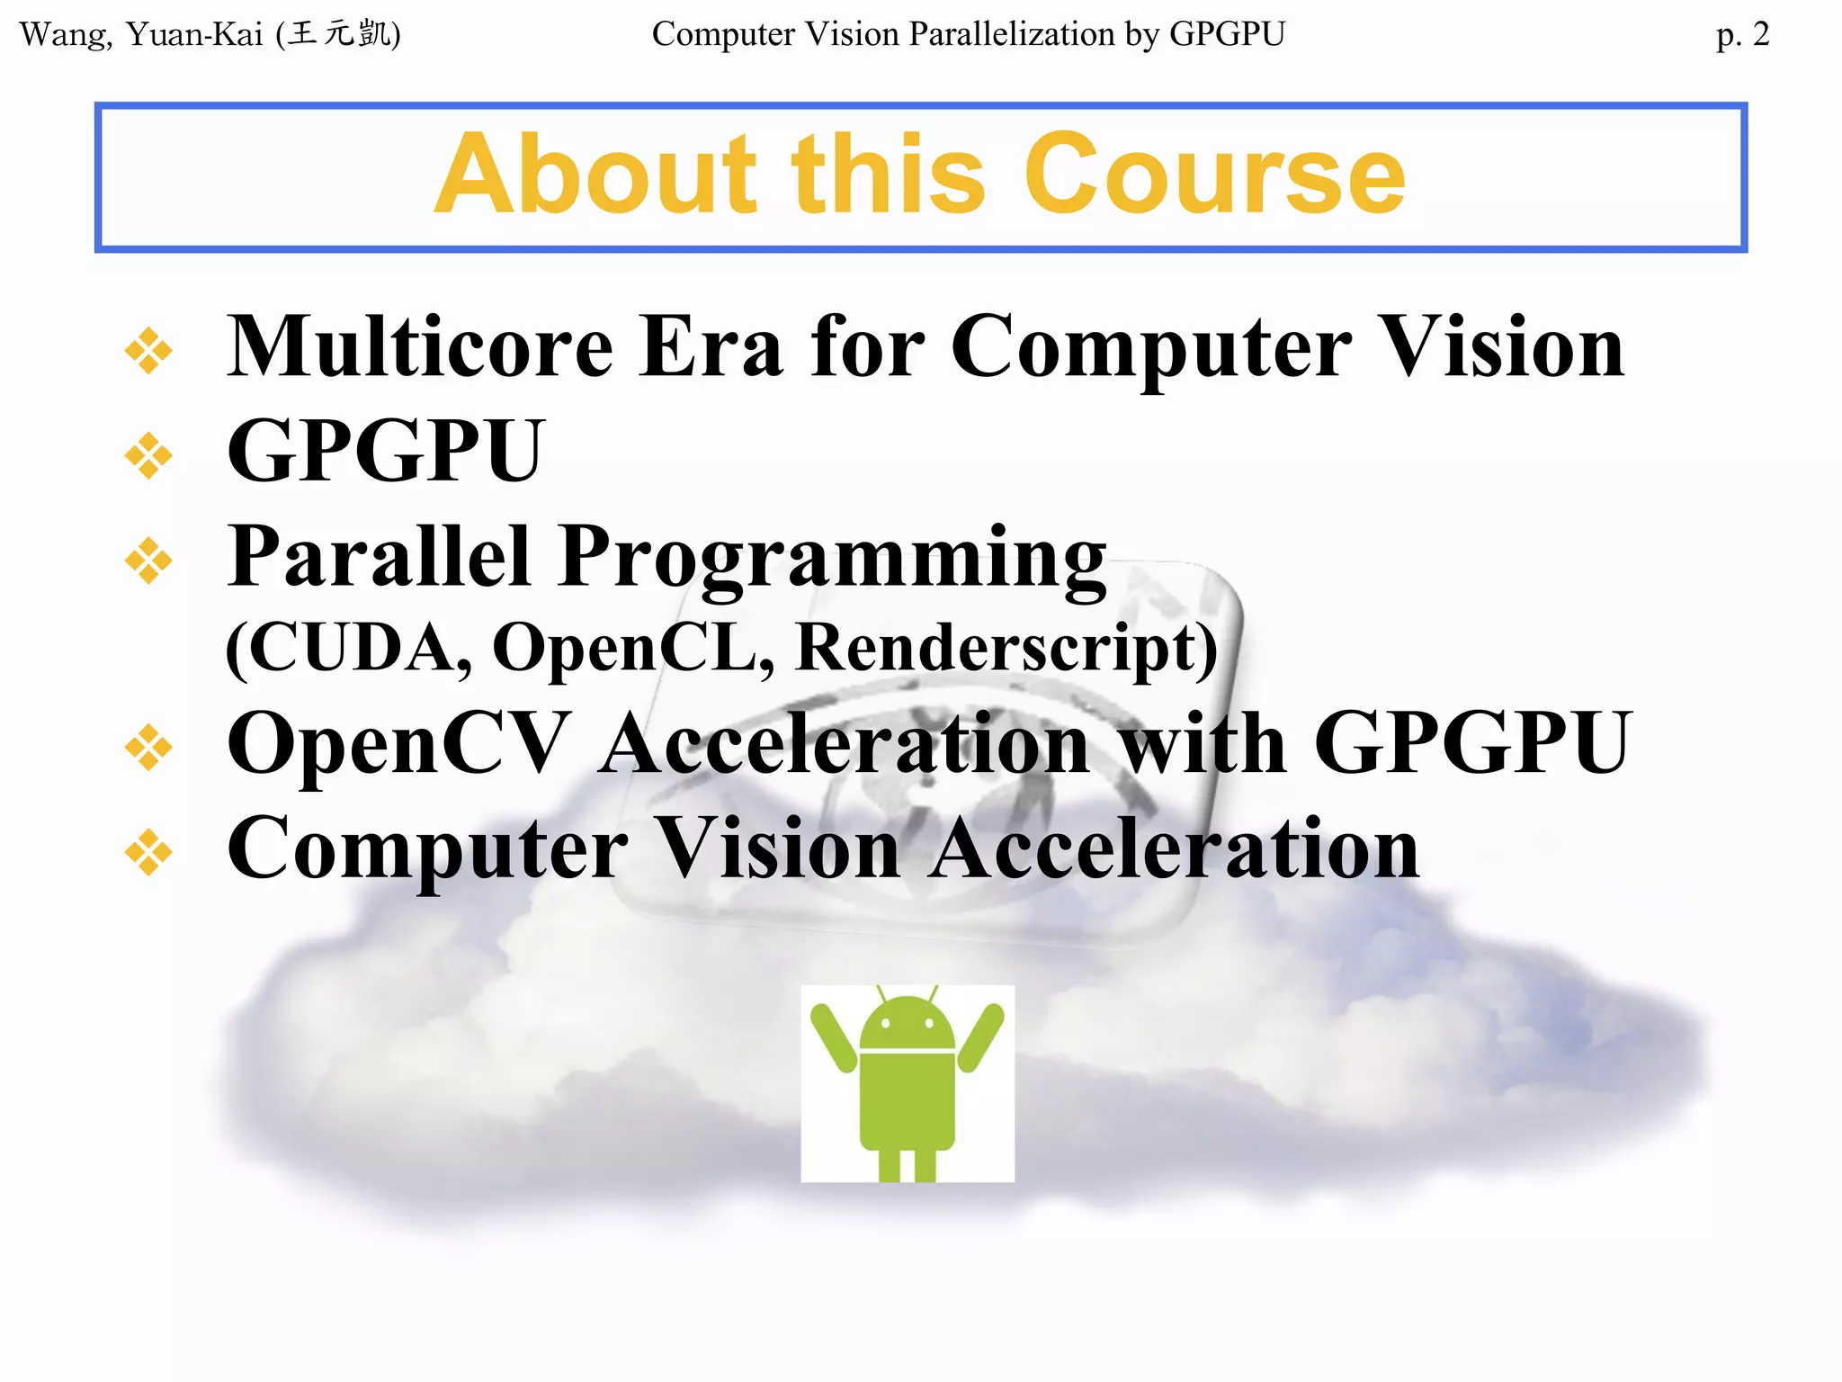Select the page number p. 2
(x=1742, y=35)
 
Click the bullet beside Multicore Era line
(x=148, y=351)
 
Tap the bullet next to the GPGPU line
(x=148, y=456)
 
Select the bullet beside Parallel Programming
(x=148, y=561)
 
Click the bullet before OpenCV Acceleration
(x=148, y=747)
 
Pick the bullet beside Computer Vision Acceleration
(x=148, y=852)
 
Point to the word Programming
(x=832, y=558)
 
